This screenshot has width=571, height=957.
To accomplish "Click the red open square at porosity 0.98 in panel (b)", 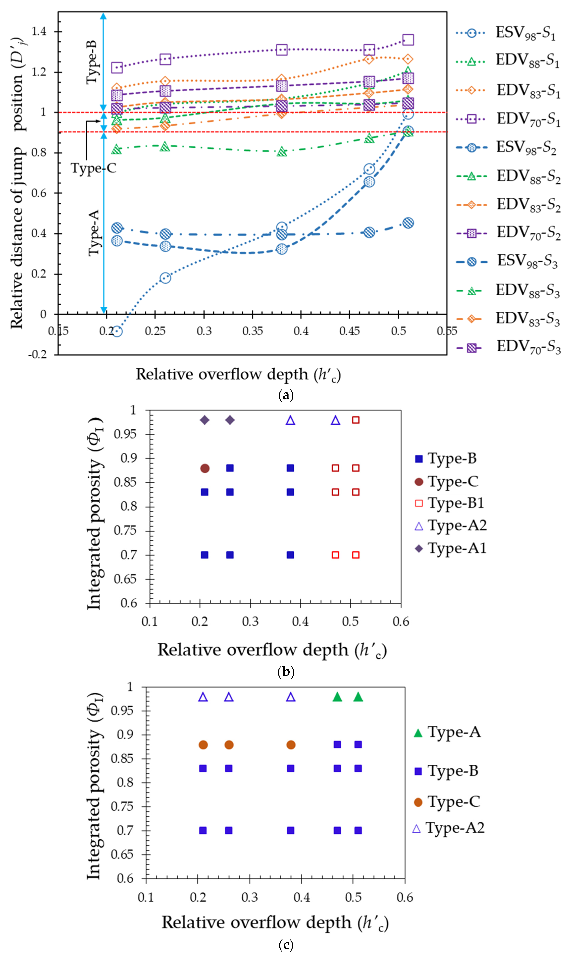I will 356,420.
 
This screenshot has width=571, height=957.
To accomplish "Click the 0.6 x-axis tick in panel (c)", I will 405,897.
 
